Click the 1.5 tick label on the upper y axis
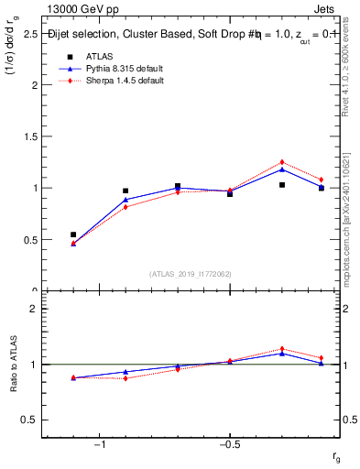click(x=29, y=136)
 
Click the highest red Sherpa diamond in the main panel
click(x=282, y=162)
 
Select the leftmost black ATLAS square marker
click(x=73, y=234)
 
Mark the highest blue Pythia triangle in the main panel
click(x=282, y=169)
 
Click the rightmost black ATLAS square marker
click(x=321, y=188)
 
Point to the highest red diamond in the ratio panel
click(x=282, y=348)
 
